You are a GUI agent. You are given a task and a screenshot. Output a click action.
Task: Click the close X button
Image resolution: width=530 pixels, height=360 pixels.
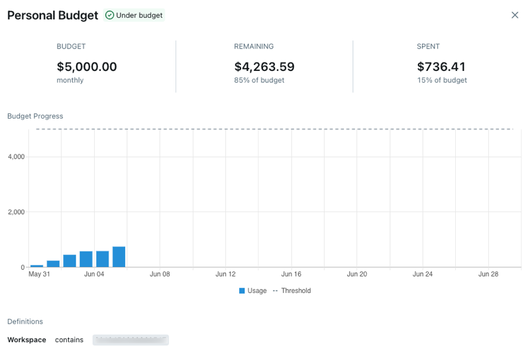[515, 15]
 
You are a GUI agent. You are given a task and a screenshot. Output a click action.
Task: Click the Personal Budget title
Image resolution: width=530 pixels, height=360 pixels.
[52, 15]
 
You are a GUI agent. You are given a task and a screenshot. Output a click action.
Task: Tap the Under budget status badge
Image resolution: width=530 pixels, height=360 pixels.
[134, 15]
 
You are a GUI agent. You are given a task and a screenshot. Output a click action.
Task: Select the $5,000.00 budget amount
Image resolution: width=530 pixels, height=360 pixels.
[87, 67]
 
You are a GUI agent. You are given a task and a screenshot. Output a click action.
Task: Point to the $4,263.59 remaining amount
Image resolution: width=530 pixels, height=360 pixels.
[264, 67]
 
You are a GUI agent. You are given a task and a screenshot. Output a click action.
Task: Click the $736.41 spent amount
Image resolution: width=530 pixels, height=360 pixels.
[441, 67]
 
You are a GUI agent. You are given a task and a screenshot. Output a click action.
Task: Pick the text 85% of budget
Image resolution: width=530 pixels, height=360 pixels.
[259, 80]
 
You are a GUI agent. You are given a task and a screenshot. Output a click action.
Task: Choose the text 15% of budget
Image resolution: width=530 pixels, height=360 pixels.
[442, 80]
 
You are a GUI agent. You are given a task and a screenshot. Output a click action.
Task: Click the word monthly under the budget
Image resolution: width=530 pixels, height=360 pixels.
[70, 80]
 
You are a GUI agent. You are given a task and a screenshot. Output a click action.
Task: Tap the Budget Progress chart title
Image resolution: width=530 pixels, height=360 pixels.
[35, 116]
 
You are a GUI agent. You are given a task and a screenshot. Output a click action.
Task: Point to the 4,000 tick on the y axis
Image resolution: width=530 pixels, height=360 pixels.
[16, 157]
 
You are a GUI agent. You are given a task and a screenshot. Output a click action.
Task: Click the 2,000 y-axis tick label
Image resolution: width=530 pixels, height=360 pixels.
[16, 212]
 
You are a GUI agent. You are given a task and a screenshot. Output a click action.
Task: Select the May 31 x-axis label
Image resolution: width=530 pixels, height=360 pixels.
[39, 274]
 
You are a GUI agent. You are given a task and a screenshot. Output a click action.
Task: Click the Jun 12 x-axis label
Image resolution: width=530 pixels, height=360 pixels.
[226, 274]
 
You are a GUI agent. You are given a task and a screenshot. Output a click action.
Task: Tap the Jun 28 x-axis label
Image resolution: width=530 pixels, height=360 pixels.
[488, 274]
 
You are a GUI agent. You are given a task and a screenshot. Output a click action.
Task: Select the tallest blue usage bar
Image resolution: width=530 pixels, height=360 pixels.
[119, 257]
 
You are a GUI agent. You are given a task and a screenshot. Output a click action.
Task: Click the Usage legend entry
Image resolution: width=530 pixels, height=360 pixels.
[253, 290]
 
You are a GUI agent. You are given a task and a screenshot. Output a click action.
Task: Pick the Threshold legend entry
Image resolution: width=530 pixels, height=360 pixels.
[292, 290]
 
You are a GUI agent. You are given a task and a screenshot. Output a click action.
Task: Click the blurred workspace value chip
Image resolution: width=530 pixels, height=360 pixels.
[131, 340]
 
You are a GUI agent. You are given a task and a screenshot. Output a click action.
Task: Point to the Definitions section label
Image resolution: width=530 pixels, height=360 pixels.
[25, 322]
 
